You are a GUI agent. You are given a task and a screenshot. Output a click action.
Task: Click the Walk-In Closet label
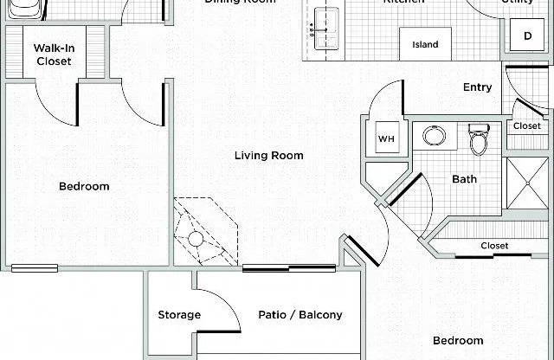pos(54,55)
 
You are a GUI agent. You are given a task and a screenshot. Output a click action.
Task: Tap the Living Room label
pos(268,156)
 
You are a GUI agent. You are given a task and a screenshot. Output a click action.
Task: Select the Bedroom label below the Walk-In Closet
pos(84,186)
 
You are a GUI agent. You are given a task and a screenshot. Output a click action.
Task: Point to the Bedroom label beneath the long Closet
pos(458,340)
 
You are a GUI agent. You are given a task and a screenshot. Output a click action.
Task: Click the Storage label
pos(179,315)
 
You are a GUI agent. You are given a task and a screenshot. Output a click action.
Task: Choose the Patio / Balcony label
pos(300,315)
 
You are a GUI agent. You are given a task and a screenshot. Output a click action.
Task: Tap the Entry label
pos(477,87)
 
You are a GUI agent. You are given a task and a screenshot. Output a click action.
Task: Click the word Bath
pos(464,180)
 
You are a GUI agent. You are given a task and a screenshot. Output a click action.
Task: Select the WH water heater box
pos(384,139)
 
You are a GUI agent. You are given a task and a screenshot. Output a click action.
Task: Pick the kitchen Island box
pos(424,44)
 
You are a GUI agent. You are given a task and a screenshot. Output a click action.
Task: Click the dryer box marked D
pos(527,35)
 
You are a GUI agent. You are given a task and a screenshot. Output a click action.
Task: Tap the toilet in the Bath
pos(479,138)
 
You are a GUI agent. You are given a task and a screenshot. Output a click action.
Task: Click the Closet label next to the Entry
pos(526,126)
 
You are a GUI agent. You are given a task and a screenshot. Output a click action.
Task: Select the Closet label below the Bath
pos(494,246)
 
